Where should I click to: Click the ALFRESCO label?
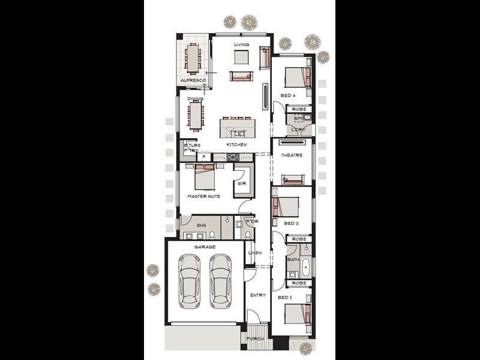coord(193,80)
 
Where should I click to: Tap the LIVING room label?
coord(241,44)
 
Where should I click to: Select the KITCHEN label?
coord(236,145)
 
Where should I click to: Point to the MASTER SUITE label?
coord(203,196)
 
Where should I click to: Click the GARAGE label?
coord(205,247)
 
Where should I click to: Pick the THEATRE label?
coord(292,155)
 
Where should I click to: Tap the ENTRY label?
coord(258,295)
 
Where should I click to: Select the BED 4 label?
coord(289,96)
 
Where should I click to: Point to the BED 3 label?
coord(291,224)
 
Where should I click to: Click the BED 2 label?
coord(284,297)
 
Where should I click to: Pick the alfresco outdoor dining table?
coord(193,58)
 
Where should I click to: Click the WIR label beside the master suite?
coord(242,183)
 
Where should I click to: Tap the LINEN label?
coord(255,253)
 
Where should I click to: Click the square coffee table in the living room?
coord(241,57)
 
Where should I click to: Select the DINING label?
coord(195,99)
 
